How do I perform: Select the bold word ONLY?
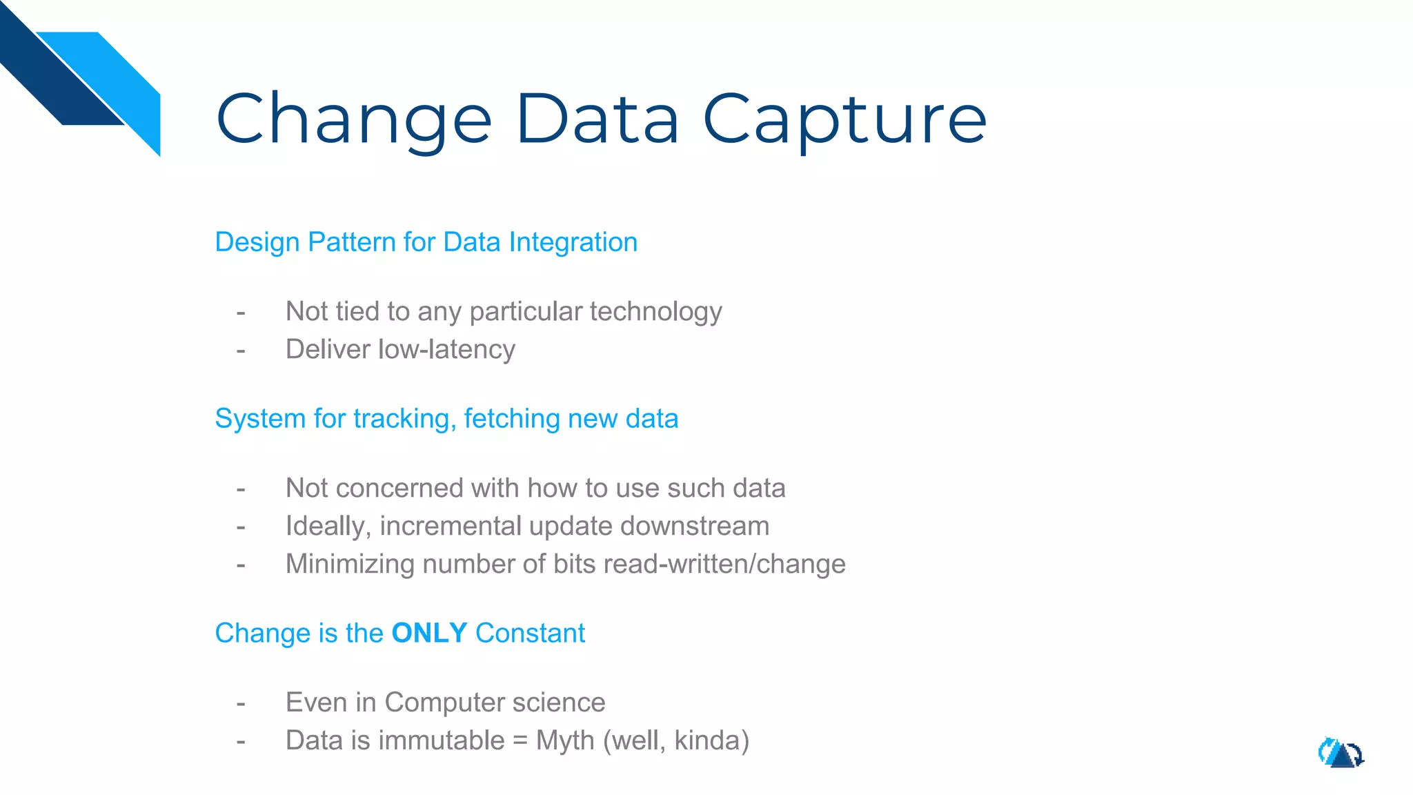point(429,633)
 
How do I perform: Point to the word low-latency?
point(446,349)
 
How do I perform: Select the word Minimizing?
point(350,564)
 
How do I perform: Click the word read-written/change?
point(724,564)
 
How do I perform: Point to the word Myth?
point(565,740)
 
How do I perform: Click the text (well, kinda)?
point(676,740)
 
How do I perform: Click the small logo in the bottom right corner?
point(1341,753)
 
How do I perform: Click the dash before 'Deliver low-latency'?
point(241,351)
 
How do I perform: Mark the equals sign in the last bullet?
point(520,741)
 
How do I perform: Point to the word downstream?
point(695,526)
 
